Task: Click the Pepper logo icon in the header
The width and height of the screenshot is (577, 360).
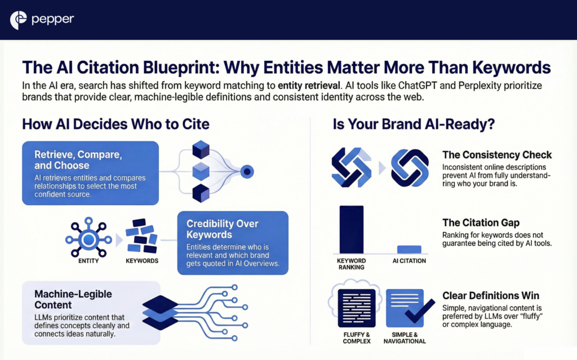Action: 19,20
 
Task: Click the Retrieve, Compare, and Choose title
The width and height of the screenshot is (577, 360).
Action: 70,159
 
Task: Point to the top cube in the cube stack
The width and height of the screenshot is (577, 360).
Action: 201,149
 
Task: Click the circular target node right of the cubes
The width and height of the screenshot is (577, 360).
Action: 246,171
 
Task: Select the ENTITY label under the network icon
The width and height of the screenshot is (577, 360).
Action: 88,261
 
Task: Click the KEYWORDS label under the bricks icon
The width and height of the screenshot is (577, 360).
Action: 140,261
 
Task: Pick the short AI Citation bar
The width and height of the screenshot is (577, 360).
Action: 409,249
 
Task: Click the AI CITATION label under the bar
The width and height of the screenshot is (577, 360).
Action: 409,261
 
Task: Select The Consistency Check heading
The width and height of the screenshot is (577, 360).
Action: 497,155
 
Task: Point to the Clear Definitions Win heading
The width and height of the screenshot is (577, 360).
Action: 491,296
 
